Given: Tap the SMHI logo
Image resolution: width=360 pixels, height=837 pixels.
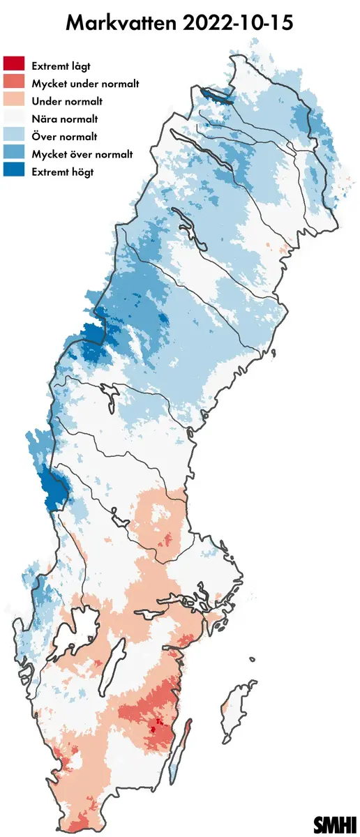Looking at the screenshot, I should [335, 824].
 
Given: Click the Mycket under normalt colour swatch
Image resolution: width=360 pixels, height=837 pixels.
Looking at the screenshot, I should [14, 83].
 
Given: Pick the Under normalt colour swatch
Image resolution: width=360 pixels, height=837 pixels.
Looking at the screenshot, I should [14, 100].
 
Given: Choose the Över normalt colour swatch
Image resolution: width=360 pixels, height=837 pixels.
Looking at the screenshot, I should [14, 136].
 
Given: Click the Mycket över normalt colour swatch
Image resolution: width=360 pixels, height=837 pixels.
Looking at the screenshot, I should [14, 153].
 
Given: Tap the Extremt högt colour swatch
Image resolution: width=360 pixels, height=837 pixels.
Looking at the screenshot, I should [14, 172].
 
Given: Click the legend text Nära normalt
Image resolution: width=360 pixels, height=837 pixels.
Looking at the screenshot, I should [65, 119].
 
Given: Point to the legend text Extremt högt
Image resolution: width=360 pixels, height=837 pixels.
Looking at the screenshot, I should [63, 172].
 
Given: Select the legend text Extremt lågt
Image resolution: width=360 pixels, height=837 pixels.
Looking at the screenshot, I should [61, 66].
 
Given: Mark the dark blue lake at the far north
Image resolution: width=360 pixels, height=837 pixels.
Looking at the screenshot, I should [214, 96].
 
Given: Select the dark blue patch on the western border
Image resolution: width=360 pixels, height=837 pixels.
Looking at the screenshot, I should [52, 488].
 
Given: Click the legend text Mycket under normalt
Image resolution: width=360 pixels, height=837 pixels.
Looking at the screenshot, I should [86, 83].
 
